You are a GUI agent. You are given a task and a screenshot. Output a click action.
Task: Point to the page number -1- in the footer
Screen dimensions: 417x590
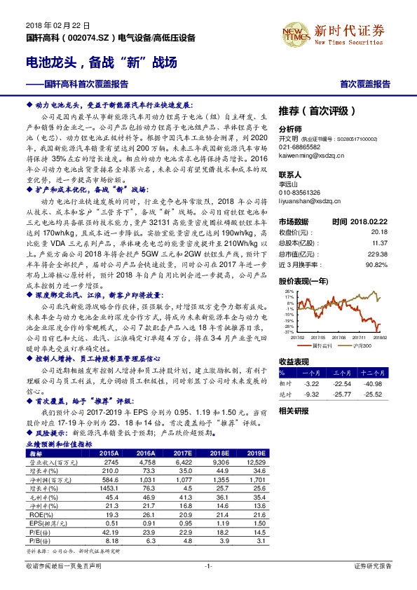click(207, 565)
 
